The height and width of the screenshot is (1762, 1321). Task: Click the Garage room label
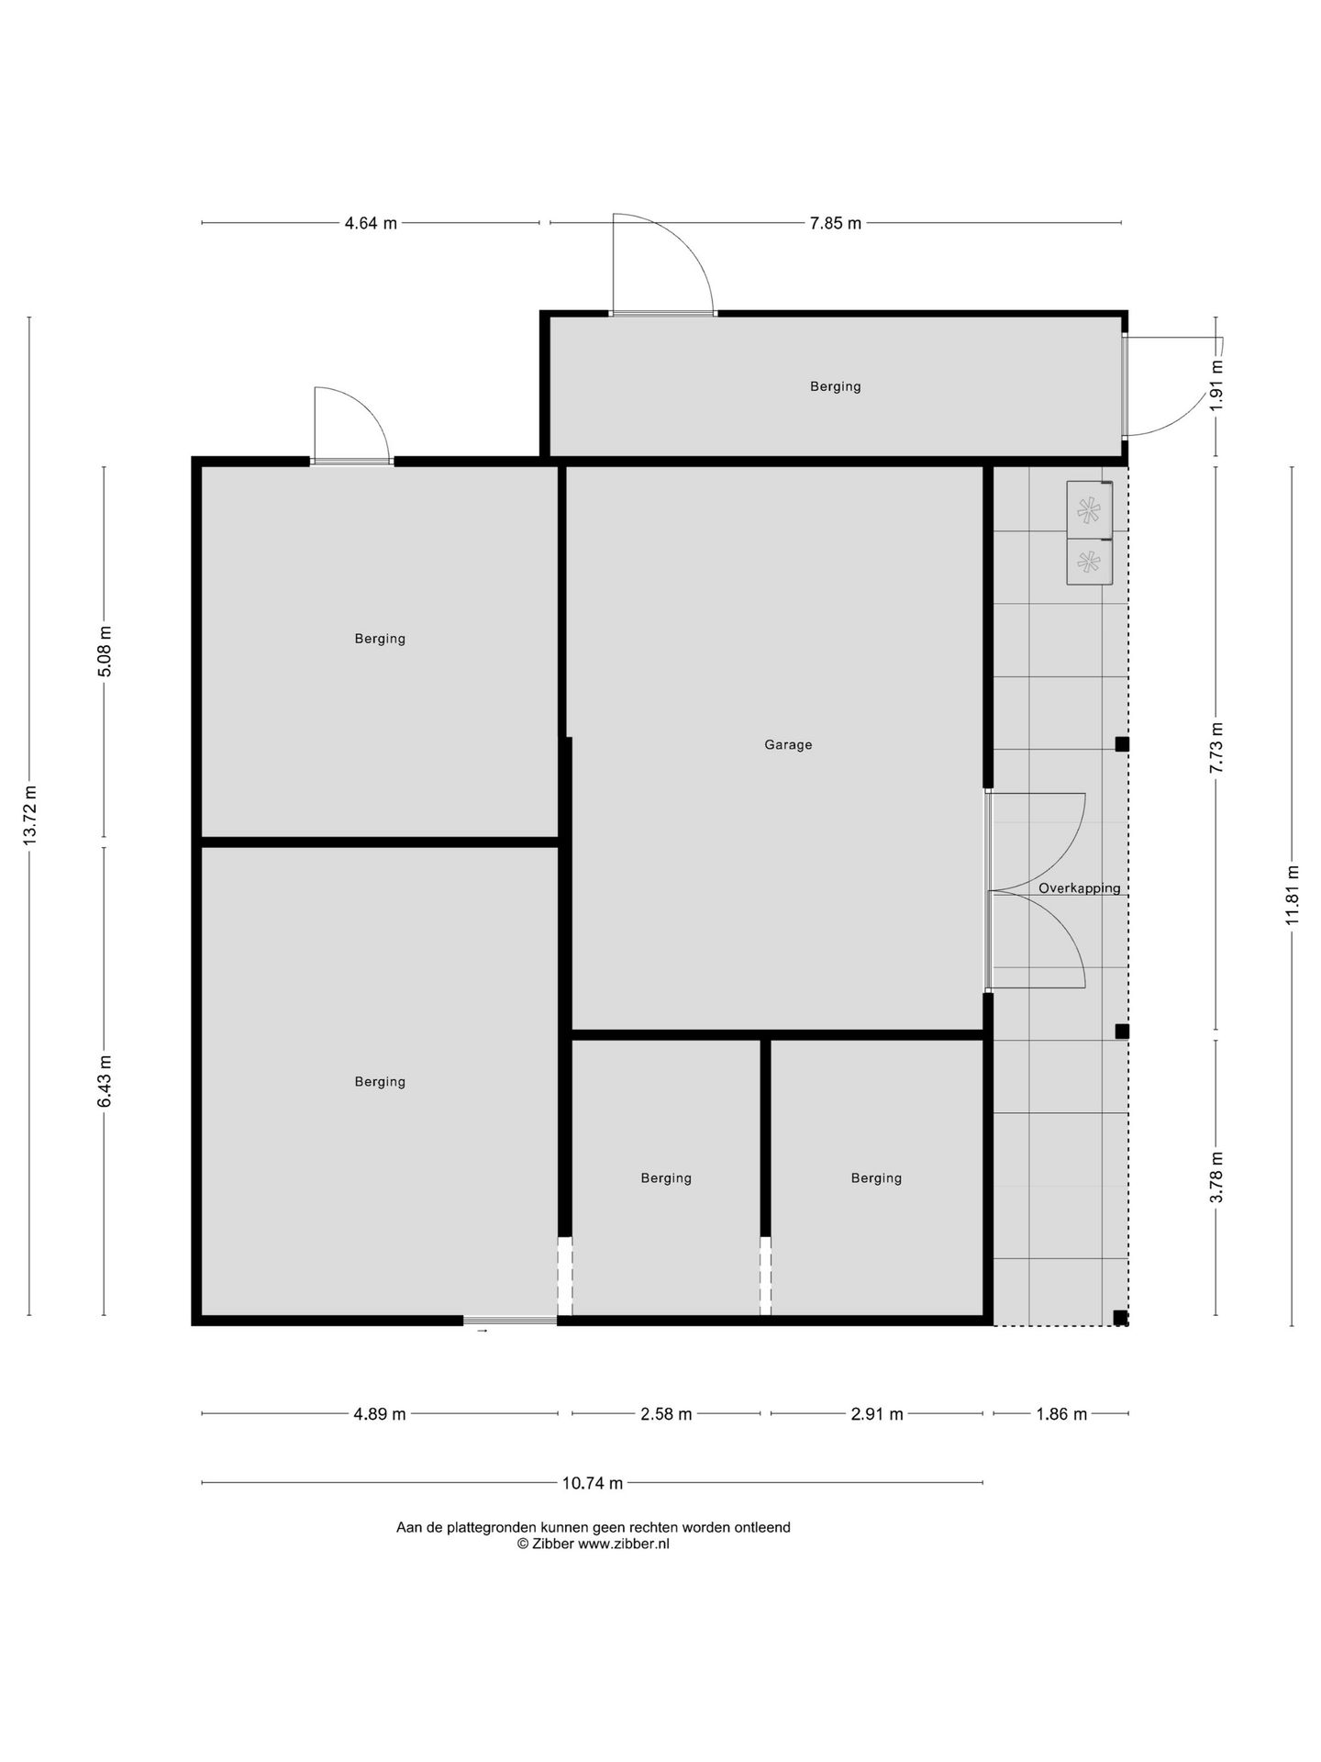[x=788, y=745]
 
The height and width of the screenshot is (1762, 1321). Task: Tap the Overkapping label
[x=1079, y=888]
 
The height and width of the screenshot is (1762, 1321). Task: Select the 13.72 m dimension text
[x=30, y=815]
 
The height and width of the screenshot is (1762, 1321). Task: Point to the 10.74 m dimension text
[x=593, y=1482]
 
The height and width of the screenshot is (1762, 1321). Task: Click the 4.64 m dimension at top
[x=371, y=223]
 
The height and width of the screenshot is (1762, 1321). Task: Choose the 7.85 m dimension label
[x=836, y=223]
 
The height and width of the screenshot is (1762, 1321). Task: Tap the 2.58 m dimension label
[x=666, y=1413]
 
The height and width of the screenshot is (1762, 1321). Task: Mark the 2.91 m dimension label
[x=877, y=1413]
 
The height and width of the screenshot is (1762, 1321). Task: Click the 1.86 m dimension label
[x=1061, y=1413]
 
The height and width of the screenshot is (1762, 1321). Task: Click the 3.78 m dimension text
[x=1216, y=1177]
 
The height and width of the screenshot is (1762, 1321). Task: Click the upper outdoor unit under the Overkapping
[x=1090, y=509]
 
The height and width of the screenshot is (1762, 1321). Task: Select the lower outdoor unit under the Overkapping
[x=1090, y=561]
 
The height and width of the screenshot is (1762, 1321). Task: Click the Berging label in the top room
[x=836, y=386]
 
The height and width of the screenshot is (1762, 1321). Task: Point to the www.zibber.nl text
[x=624, y=1544]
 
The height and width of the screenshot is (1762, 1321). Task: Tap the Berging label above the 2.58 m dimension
[x=666, y=1178]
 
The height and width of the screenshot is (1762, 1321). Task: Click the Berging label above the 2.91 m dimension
[x=876, y=1178]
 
